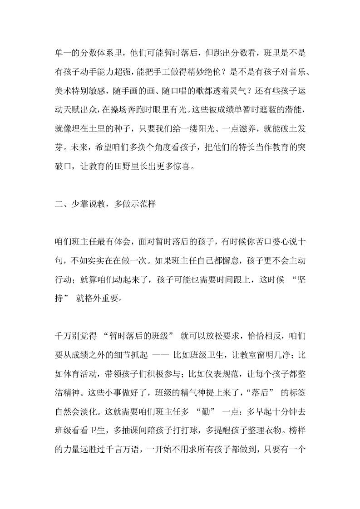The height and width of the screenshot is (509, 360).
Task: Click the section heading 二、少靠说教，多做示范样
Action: [x=105, y=204]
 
